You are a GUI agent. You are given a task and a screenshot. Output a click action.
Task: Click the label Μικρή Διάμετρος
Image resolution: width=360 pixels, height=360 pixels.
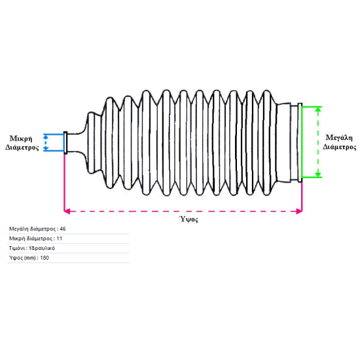tap(22, 143)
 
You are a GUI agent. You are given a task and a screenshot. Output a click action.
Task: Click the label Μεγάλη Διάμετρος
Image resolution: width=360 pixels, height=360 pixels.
tap(339, 142)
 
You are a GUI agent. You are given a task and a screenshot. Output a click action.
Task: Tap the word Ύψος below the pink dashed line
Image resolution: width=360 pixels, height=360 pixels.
tap(189, 219)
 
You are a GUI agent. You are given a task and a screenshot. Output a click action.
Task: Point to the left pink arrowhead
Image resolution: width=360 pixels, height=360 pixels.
tap(67, 211)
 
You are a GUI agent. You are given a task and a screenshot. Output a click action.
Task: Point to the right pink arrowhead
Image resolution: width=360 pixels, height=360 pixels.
tap(299, 211)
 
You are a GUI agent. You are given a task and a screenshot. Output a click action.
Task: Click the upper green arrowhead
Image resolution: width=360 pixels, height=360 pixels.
tap(318, 109)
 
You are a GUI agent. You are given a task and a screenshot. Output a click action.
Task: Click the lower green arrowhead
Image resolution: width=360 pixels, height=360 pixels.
tap(318, 175)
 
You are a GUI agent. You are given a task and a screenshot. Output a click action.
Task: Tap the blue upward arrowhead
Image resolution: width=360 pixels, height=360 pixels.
tap(46, 137)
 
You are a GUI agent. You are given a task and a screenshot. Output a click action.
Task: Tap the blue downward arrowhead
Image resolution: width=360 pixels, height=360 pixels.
tap(46, 149)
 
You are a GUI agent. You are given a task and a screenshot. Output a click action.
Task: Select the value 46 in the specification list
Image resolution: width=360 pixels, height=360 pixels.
tap(63, 229)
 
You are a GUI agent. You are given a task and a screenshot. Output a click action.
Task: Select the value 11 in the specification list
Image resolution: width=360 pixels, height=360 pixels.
tap(59, 238)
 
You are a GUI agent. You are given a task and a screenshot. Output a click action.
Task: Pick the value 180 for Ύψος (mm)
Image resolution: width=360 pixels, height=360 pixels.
tap(45, 258)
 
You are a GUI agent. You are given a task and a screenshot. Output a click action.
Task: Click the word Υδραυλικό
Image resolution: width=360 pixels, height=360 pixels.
tap(42, 248)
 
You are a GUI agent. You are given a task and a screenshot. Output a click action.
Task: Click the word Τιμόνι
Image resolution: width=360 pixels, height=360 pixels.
tap(17, 248)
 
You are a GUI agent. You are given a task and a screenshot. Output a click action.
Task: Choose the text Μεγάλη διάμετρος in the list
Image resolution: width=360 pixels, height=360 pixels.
tap(32, 229)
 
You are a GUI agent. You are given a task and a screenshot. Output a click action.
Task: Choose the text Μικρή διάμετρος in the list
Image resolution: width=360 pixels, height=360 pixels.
tap(31, 238)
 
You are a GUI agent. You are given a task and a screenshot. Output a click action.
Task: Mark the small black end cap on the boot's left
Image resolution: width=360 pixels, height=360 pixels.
tap(65, 143)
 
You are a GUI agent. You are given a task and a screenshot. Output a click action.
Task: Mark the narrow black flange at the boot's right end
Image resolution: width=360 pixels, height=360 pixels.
tap(300, 143)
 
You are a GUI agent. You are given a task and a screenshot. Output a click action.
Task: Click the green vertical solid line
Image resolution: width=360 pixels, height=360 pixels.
tap(302, 142)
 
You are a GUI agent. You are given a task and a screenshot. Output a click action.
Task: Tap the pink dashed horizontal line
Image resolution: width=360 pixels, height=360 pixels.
tap(183, 211)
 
